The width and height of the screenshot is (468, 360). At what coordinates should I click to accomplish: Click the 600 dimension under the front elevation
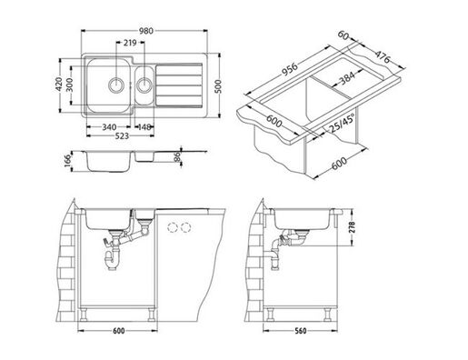(x=118, y=332)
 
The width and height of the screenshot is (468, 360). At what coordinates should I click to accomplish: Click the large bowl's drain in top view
(x=114, y=84)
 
